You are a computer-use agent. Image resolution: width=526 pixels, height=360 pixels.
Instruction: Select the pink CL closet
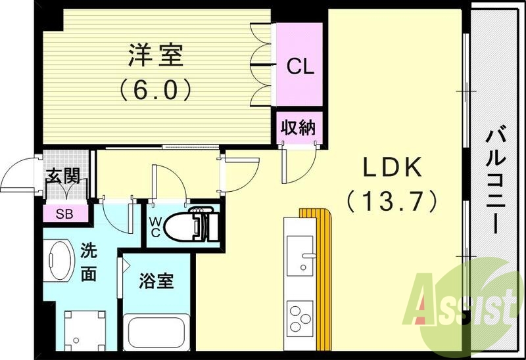point(300,66)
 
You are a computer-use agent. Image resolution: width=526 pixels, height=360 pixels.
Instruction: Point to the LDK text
point(393,169)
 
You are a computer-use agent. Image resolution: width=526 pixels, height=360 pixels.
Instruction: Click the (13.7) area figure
point(393,201)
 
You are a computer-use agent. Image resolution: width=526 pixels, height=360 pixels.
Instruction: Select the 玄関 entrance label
point(63,176)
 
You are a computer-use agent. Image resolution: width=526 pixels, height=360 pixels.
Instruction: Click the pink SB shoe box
point(64,214)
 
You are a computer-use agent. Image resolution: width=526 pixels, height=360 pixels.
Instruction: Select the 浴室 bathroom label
point(156,281)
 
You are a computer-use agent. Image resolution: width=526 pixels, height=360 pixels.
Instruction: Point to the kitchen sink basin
point(301,257)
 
